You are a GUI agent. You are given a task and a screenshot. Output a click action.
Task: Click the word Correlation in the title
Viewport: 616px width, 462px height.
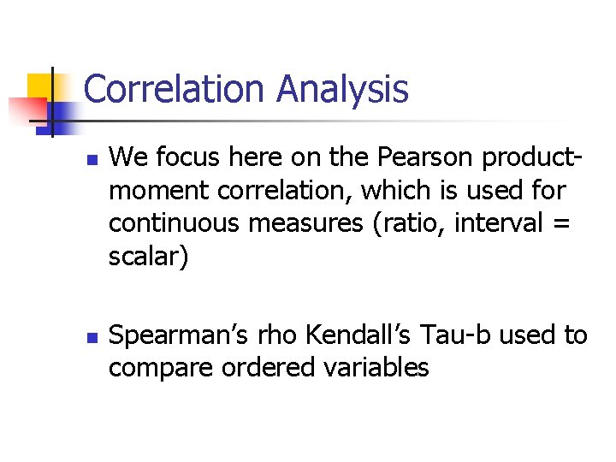175,89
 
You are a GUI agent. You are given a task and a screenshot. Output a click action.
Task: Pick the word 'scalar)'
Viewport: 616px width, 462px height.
145,257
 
